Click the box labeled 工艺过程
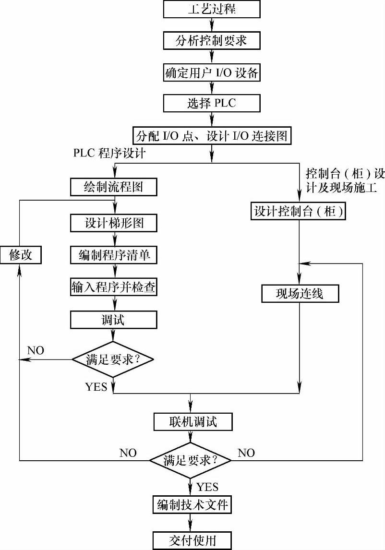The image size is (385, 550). (x=212, y=9)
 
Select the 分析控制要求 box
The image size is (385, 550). (x=212, y=41)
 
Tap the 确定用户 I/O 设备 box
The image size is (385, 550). (x=212, y=73)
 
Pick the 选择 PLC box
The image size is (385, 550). (x=212, y=103)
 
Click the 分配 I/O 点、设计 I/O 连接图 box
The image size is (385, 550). (x=212, y=135)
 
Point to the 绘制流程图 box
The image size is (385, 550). (x=114, y=187)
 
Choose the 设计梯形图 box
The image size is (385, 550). (x=114, y=223)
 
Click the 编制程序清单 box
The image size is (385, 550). (x=114, y=255)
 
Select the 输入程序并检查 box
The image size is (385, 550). (x=114, y=287)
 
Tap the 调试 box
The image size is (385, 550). (x=114, y=320)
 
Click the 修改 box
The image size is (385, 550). (x=20, y=255)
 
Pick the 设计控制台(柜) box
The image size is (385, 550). (x=299, y=212)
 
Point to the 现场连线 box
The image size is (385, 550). (x=300, y=293)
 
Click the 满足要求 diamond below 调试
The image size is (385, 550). (x=114, y=359)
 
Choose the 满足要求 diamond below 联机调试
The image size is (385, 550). (x=191, y=460)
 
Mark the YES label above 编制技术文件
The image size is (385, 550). (x=207, y=487)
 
